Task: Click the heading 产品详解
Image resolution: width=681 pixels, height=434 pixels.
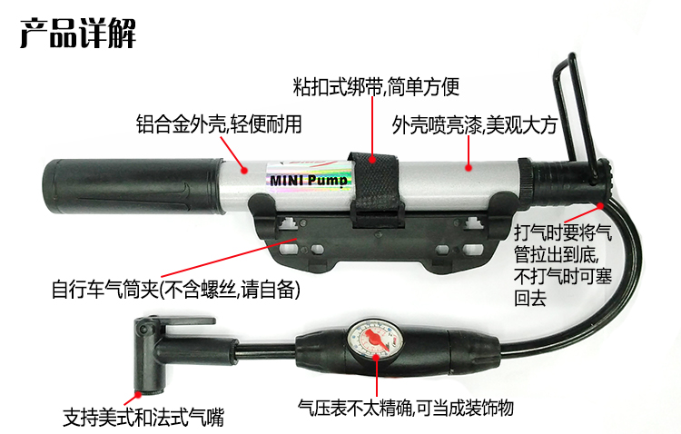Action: [x=78, y=33]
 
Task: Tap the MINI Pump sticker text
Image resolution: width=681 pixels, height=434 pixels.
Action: [x=309, y=180]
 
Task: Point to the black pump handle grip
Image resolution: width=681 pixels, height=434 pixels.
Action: [x=133, y=186]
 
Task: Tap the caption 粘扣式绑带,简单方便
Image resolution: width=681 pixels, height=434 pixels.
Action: [x=376, y=86]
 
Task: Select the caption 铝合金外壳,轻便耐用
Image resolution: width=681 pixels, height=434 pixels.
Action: [x=219, y=123]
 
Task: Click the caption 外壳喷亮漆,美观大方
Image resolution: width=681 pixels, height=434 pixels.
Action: [x=474, y=125]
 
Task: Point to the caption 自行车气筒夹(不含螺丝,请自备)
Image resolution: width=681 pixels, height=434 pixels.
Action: [x=176, y=289]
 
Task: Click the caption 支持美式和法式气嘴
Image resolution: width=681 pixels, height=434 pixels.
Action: [x=143, y=417]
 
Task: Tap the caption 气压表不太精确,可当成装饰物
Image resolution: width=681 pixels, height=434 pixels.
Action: [x=406, y=407]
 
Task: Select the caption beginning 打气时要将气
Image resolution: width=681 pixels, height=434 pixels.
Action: [x=563, y=265]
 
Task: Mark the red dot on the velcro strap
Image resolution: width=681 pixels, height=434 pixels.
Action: [x=372, y=160]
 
